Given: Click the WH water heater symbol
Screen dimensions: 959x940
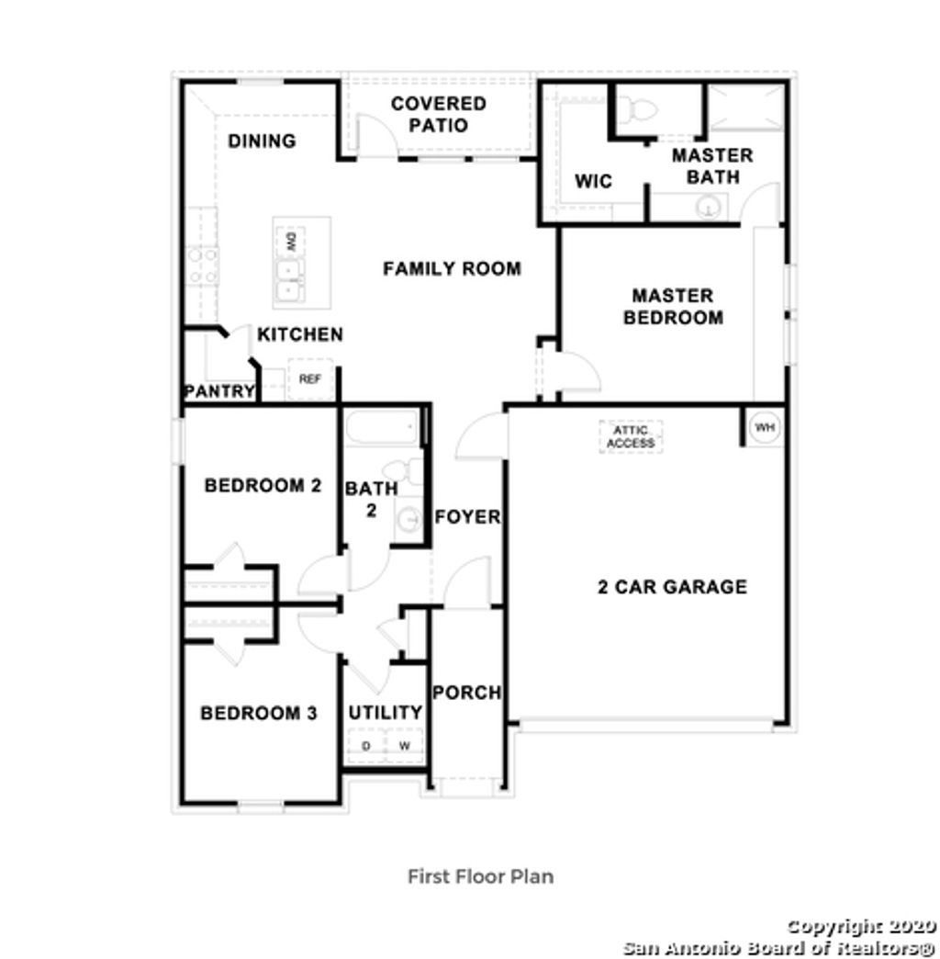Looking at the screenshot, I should pyautogui.click(x=764, y=427).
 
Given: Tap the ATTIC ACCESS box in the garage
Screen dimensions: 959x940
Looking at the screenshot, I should pyautogui.click(x=631, y=436).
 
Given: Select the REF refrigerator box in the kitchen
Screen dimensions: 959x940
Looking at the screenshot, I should pyautogui.click(x=309, y=378).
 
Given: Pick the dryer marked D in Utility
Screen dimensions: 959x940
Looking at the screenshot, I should pyautogui.click(x=365, y=746).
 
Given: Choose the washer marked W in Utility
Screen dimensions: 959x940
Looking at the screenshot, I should pyautogui.click(x=404, y=746).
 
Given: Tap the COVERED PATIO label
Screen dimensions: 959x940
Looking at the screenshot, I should pyautogui.click(x=439, y=115).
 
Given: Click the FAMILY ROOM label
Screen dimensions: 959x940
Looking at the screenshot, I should pyautogui.click(x=452, y=269).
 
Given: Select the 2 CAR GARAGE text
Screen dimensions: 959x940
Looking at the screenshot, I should pyautogui.click(x=672, y=587).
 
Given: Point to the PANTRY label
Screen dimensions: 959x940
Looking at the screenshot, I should pyautogui.click(x=219, y=391).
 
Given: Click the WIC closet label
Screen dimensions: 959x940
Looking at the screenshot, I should pyautogui.click(x=593, y=182).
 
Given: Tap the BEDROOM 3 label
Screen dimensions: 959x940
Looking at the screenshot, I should pyautogui.click(x=259, y=713).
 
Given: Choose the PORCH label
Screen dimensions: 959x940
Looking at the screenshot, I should pyautogui.click(x=466, y=693).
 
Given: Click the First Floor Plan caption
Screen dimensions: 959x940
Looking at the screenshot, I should pyautogui.click(x=480, y=876).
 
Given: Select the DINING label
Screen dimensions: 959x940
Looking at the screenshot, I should pyautogui.click(x=262, y=141).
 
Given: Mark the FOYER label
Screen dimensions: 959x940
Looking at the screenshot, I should pyautogui.click(x=467, y=517).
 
